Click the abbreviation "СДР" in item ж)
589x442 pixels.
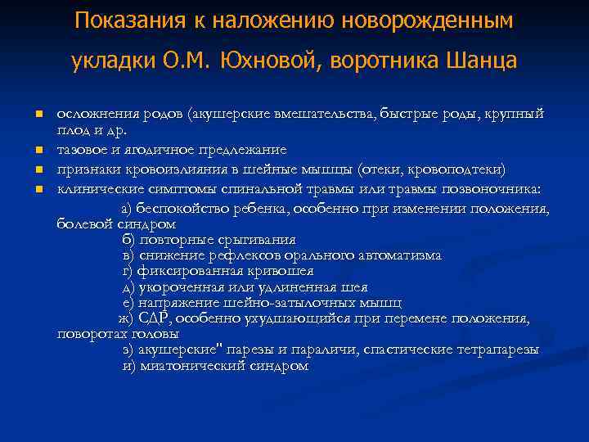pos(152,318)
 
